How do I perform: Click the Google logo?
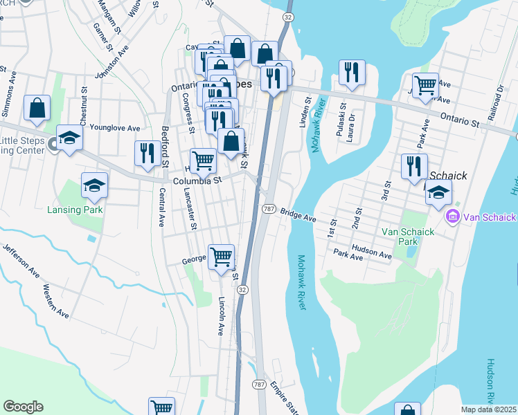[x=23, y=407]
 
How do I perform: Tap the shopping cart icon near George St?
[x=221, y=257]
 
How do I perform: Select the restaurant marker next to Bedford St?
[x=146, y=153]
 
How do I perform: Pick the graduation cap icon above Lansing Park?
[x=94, y=185]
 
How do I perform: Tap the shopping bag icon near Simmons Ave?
[x=37, y=108]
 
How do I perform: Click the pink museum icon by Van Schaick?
[x=454, y=217]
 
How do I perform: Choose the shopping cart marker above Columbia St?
[x=203, y=160]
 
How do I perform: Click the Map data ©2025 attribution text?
[x=488, y=409]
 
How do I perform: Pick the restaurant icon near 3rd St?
[x=414, y=166]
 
